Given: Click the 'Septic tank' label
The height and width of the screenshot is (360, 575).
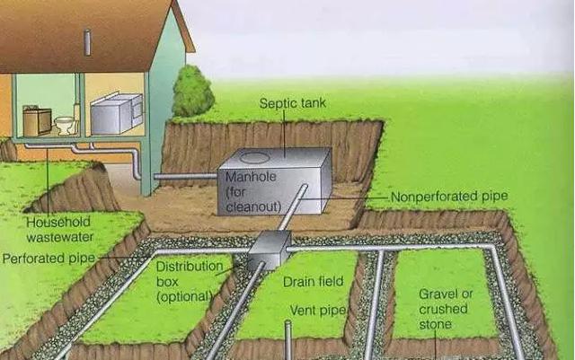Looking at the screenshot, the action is [x=293, y=103].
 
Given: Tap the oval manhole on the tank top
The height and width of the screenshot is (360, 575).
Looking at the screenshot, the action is [x=255, y=158].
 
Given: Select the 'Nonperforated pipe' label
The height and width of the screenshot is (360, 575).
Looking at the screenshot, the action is [x=449, y=197].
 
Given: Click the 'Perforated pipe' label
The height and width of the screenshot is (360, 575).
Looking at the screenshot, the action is [x=49, y=259].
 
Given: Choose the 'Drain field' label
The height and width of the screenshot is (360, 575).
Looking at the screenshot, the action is [x=314, y=282].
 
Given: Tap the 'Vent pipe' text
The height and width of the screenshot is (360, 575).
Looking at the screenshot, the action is [x=318, y=311].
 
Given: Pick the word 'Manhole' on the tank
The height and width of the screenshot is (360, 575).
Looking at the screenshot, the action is [x=251, y=177].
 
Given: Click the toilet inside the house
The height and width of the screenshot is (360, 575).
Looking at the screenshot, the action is [x=66, y=126].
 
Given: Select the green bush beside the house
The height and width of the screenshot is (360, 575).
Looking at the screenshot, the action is [x=193, y=91].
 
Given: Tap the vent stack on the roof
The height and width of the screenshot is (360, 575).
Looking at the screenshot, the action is [x=87, y=42].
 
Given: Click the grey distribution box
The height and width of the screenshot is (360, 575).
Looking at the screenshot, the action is [x=270, y=250].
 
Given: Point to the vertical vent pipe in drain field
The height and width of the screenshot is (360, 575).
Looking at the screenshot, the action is [x=288, y=340].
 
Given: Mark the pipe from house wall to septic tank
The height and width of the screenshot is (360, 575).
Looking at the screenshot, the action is [x=186, y=177].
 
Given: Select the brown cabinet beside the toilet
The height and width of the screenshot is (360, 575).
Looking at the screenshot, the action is [x=37, y=121].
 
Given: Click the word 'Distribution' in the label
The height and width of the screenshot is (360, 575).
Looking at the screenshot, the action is [x=190, y=266].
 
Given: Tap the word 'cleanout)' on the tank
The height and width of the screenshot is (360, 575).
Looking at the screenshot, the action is [x=253, y=206].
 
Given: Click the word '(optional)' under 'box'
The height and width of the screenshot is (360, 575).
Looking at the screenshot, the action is [x=185, y=296].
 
